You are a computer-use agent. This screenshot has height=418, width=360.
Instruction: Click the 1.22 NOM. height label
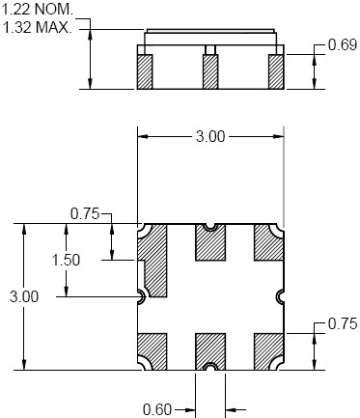pos(38,10)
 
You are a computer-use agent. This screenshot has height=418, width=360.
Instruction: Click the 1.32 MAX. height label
pos(38,27)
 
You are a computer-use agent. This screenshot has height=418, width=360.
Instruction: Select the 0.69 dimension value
pos(343,44)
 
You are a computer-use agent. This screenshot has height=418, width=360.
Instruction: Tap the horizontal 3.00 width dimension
pos(210,136)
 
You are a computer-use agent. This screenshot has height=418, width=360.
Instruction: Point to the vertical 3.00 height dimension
pos(24,296)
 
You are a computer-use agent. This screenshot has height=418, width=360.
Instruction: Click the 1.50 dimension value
pos(66,260)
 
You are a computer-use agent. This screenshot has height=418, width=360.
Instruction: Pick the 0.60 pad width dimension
pos(157,409)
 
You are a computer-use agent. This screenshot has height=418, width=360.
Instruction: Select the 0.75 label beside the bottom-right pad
pos(343,323)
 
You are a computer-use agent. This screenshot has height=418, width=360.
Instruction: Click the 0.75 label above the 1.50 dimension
pos(85,214)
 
